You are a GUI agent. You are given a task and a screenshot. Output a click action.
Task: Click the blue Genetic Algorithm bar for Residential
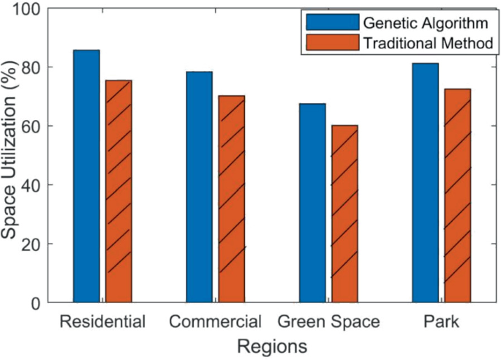point(86,176)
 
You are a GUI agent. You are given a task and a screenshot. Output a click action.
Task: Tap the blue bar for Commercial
point(199,187)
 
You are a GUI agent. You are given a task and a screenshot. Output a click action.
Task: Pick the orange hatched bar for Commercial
point(232,198)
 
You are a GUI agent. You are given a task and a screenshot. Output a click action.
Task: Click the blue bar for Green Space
point(312,203)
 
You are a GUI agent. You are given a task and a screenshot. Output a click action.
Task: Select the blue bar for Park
point(425,182)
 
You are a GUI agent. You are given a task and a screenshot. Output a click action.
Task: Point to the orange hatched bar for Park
point(458,195)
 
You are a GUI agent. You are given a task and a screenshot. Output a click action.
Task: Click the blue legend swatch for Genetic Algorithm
point(333,21)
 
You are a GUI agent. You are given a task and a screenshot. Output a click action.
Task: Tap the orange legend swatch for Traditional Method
point(333,43)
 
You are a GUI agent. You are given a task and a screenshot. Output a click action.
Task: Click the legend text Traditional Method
point(428,44)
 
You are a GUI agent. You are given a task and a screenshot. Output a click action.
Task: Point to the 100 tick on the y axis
point(31,9)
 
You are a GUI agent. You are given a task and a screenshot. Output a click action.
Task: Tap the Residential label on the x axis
point(102,321)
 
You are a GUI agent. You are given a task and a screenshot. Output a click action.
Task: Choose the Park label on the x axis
point(441,321)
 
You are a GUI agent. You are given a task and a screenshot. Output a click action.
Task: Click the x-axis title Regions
point(271,345)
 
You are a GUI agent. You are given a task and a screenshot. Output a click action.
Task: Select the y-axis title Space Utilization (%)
point(11,156)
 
